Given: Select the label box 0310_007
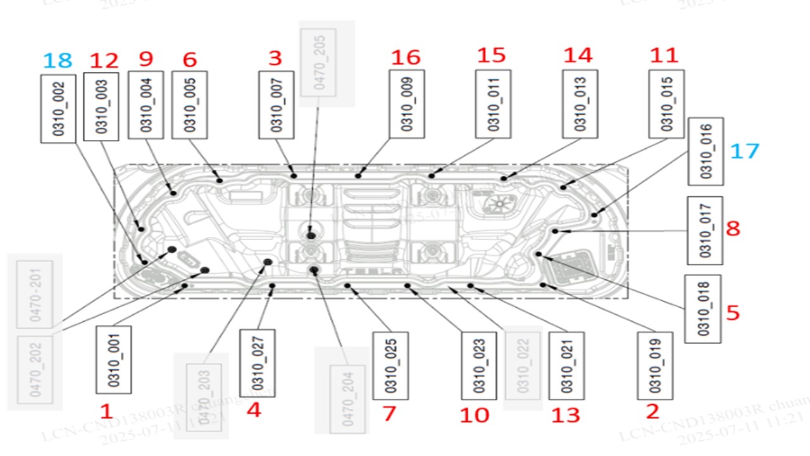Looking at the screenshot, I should tap(277, 104).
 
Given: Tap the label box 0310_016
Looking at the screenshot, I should tap(706, 151).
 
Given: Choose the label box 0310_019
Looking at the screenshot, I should tap(655, 365).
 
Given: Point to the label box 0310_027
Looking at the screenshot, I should tap(258, 363).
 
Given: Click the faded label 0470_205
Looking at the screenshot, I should tap(318, 63).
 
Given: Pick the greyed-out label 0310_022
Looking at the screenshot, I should tap(523, 367).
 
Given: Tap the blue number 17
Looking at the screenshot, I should tap(744, 151).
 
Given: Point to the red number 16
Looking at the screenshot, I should tap(406, 58).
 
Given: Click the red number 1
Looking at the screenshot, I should tap(106, 412).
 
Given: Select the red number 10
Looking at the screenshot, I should tap(475, 415).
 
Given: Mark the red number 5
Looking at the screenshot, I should tap(733, 313).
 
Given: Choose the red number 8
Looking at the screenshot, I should tap(732, 228).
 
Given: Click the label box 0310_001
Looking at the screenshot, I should tap(113, 360).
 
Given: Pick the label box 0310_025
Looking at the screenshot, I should tap(390, 365).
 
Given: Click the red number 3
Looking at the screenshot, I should tap(275, 58).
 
